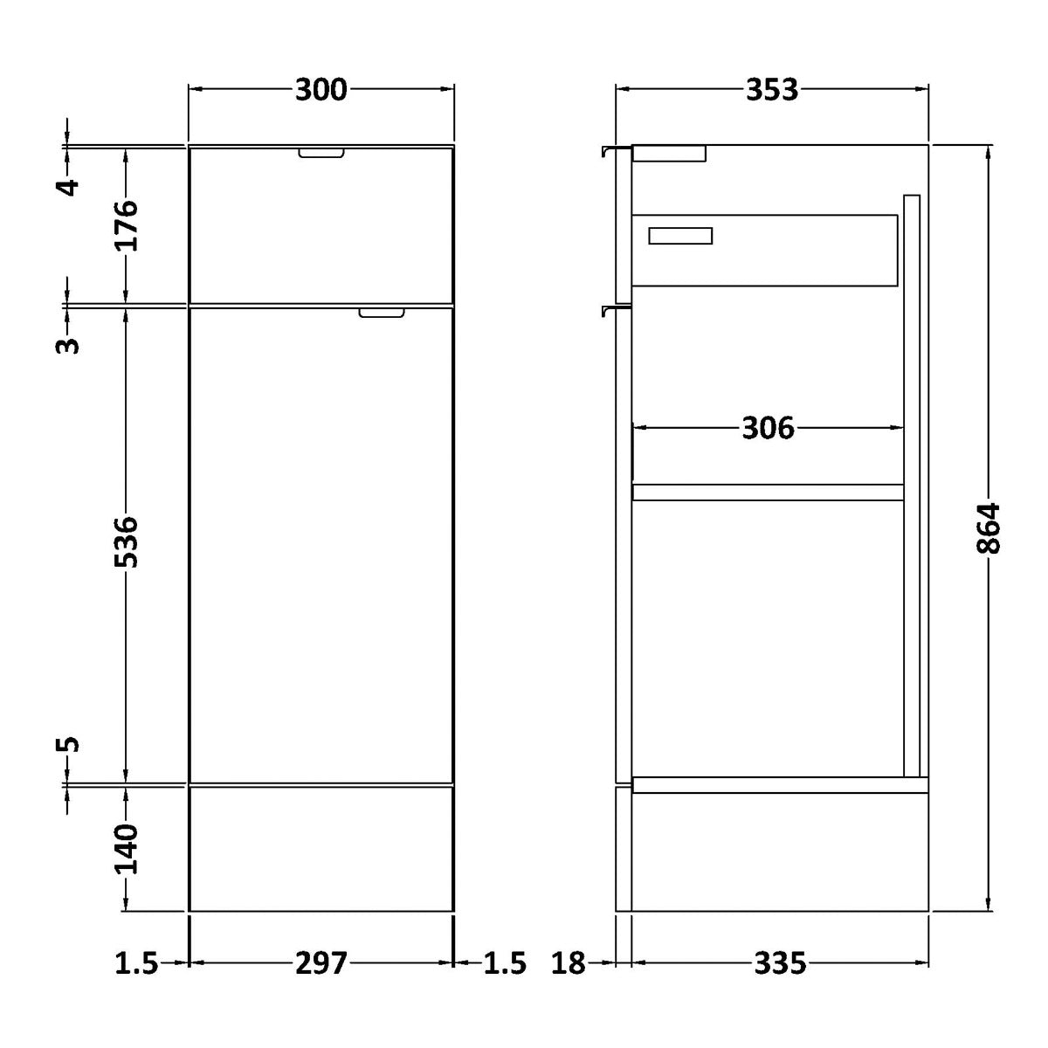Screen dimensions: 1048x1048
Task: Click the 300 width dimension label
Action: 321,90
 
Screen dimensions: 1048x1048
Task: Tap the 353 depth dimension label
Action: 772,90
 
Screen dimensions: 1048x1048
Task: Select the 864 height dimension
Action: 988,528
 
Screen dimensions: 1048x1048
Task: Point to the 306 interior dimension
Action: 768,428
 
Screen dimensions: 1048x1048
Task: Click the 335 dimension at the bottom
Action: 780,963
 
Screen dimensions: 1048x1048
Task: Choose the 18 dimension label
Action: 569,963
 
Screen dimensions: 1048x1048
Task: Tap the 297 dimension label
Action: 321,963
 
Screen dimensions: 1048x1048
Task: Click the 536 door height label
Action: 126,541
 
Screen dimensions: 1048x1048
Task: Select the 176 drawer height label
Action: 126,225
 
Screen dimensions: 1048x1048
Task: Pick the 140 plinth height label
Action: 126,849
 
